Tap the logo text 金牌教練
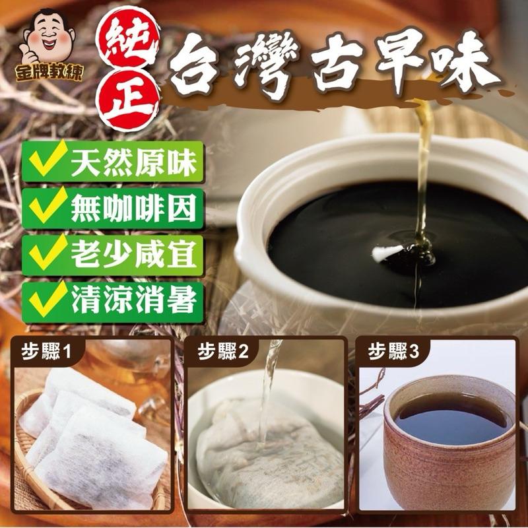coord(49,73)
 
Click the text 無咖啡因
coord(134,208)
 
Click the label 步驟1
coord(46,352)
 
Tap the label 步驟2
coord(222,352)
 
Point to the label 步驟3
coord(393,352)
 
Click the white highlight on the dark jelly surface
coord(387,253)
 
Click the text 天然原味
coord(134,163)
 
